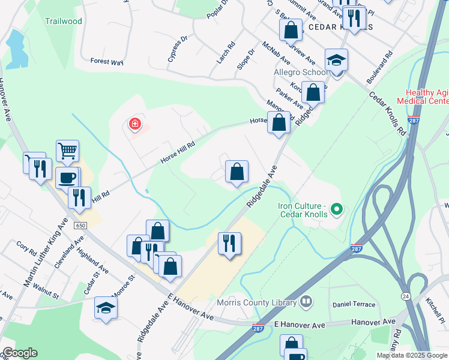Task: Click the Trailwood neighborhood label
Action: click(63, 20)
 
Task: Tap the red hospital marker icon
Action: click(135, 124)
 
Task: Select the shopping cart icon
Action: click(67, 151)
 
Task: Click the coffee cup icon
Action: click(67, 178)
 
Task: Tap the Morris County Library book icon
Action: click(306, 301)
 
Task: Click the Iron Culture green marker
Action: click(337, 209)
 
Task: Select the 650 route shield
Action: click(81, 226)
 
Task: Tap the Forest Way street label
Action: click(106, 61)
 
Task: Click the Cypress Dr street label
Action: click(178, 49)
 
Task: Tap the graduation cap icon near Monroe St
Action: click(106, 308)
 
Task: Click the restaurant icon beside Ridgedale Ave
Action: click(229, 243)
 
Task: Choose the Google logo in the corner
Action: click(19, 353)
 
